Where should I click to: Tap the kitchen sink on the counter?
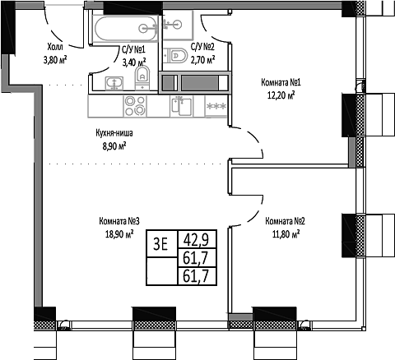(181, 106)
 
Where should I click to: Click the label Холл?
(54, 48)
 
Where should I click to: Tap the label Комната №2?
(286, 221)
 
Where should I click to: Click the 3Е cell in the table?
(161, 241)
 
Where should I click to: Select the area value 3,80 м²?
(54, 59)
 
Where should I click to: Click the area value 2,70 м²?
(202, 60)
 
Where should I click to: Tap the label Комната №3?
(118, 221)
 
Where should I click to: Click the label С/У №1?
(133, 48)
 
